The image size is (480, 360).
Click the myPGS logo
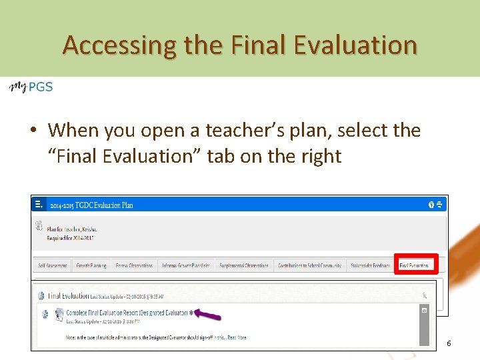(x=31, y=87)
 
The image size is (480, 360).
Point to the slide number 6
(x=449, y=343)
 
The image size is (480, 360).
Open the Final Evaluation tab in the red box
(x=415, y=265)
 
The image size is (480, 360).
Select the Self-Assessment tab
(x=53, y=265)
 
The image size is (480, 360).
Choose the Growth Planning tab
(x=91, y=265)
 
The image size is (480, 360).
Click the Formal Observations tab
(x=135, y=265)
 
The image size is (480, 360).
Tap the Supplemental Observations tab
(x=243, y=265)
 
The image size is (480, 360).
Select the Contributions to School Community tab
(x=310, y=265)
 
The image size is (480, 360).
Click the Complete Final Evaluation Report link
(x=127, y=312)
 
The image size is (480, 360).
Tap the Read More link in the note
(x=237, y=337)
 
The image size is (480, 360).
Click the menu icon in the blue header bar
(x=39, y=205)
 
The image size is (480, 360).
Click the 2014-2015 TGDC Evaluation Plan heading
(x=92, y=205)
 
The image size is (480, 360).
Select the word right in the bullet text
(x=321, y=156)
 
